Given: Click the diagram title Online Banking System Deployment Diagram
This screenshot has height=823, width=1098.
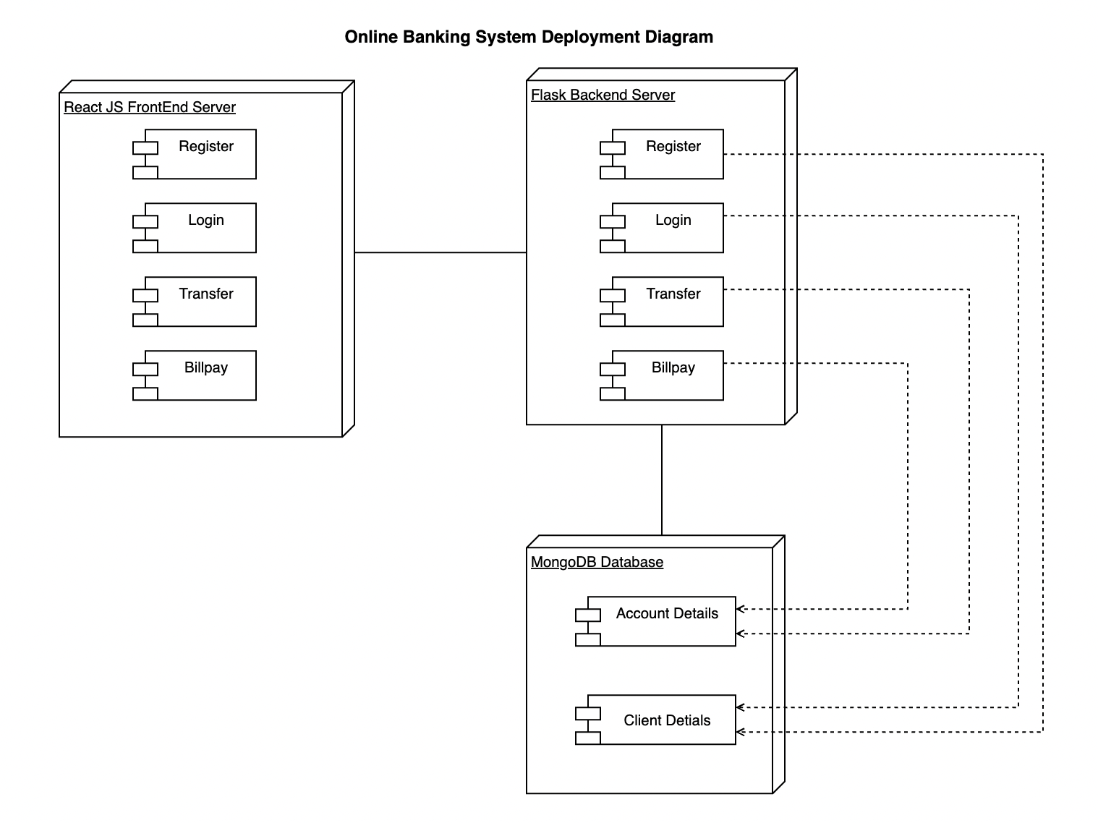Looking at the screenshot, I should click(529, 37).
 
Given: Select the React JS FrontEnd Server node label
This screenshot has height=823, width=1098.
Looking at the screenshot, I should click(150, 107).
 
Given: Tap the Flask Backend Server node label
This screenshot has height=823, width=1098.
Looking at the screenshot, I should click(603, 95).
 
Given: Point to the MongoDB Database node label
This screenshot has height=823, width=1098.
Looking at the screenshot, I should click(597, 562).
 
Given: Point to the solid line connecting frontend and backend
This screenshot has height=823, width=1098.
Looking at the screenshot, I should click(440, 252).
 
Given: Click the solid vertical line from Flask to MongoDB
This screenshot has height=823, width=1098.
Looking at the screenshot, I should click(662, 479).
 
